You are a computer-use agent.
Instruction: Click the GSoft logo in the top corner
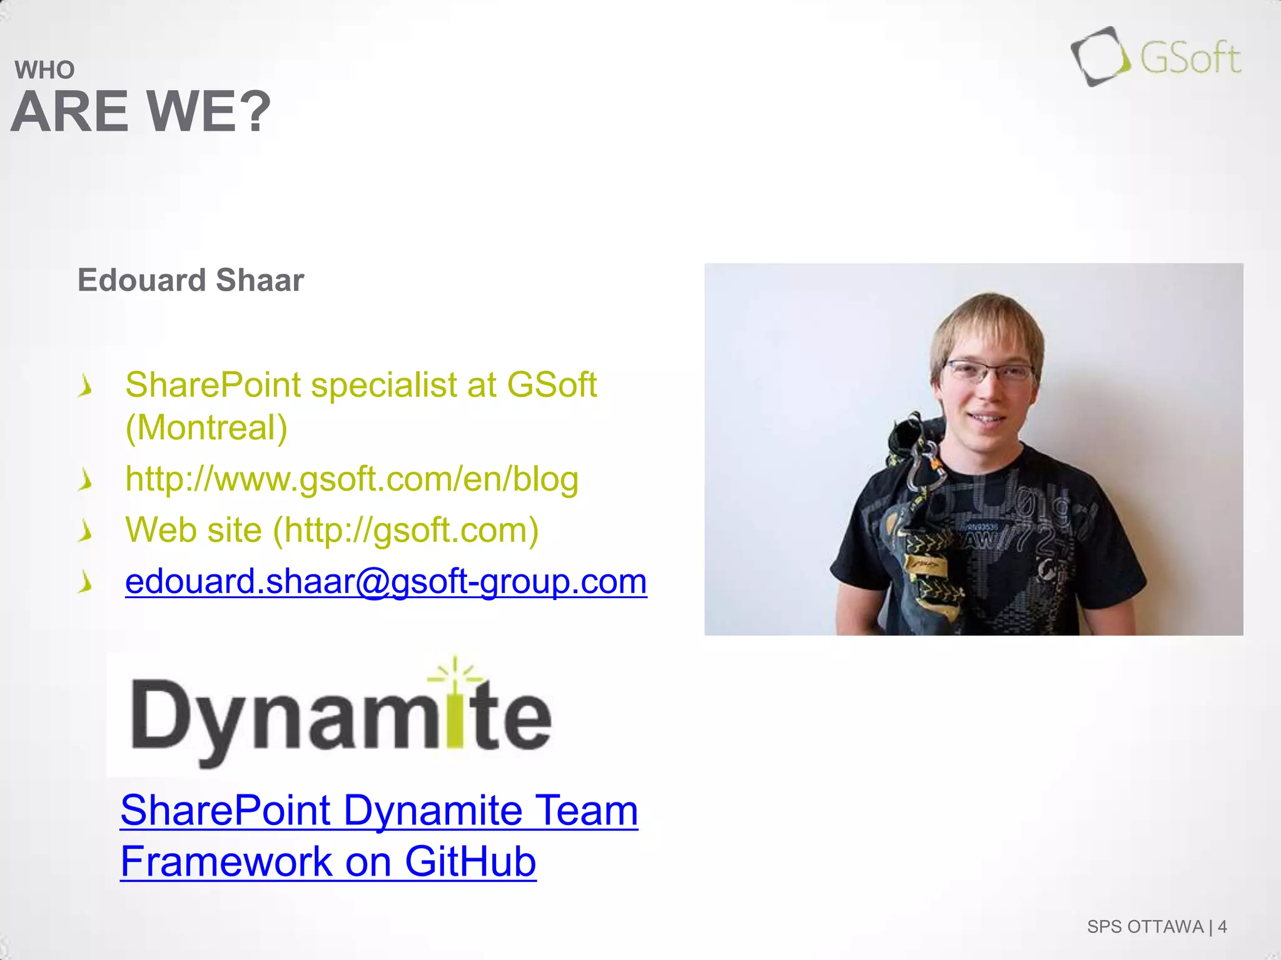(1156, 57)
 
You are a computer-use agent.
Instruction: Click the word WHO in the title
(44, 70)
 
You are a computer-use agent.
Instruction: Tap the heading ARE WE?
(141, 112)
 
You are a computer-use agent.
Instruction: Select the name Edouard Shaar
(191, 280)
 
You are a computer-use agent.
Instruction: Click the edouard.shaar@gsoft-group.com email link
(386, 581)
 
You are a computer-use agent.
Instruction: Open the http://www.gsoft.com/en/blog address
(352, 479)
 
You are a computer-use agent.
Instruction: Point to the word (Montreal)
(206, 427)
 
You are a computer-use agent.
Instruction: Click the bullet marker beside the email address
(85, 582)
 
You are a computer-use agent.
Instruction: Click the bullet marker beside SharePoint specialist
(85, 386)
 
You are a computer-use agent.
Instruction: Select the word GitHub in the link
(470, 861)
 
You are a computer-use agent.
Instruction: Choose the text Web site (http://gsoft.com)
(332, 530)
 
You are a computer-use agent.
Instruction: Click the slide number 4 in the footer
(1222, 926)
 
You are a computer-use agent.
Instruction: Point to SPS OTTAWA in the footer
(1145, 926)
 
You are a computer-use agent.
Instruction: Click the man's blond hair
(988, 319)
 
